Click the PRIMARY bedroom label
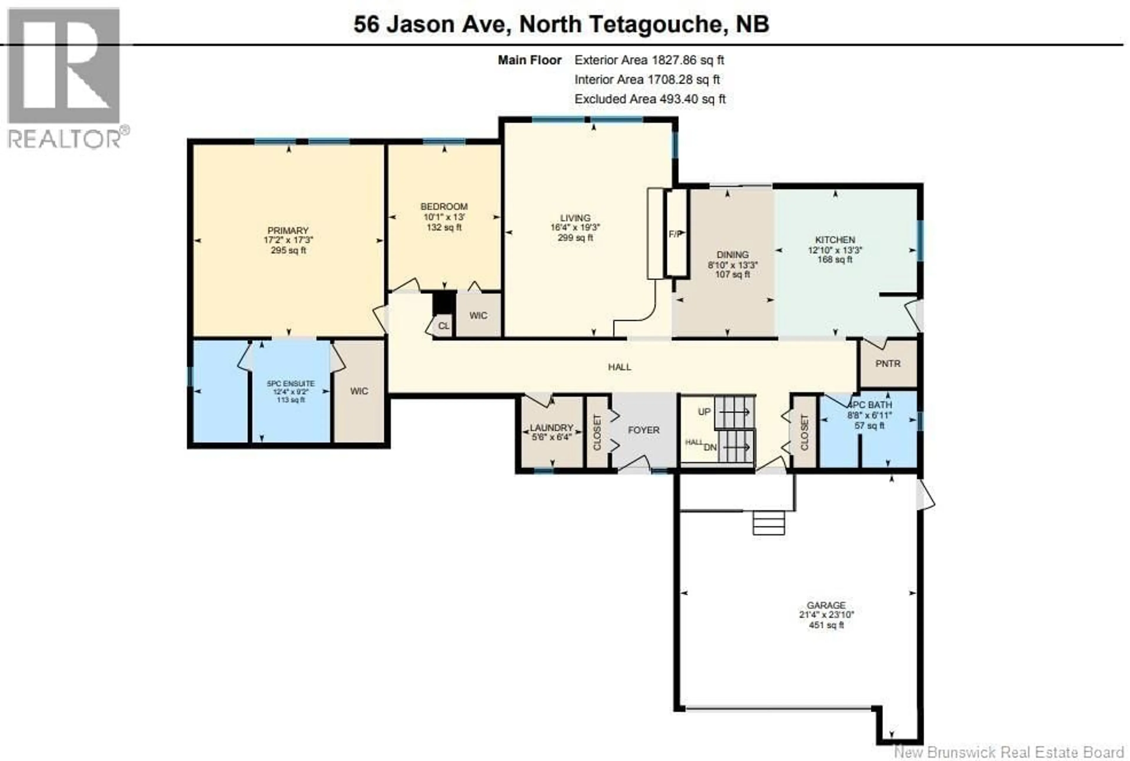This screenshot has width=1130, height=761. pyautogui.click(x=288, y=230)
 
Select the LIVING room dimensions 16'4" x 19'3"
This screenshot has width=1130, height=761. pyautogui.click(x=575, y=227)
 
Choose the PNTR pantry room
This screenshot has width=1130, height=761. pyautogui.click(x=888, y=363)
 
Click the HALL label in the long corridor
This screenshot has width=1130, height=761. pyautogui.click(x=619, y=367)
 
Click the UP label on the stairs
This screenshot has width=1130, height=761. pyautogui.click(x=704, y=412)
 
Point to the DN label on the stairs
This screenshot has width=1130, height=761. pyautogui.click(x=710, y=447)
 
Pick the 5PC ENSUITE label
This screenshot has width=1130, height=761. pyautogui.click(x=291, y=383)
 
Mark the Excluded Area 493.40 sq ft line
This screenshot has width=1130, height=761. pyautogui.click(x=650, y=99)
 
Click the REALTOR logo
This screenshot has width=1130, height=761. pyautogui.click(x=64, y=78)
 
